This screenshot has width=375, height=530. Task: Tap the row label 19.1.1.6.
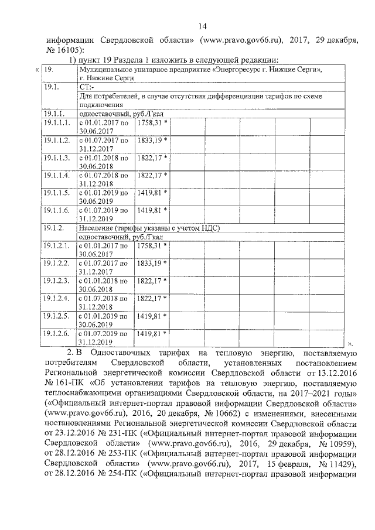tap(57, 209)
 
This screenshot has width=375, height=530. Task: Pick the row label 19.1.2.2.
tap(57, 264)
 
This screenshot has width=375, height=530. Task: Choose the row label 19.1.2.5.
tap(57, 316)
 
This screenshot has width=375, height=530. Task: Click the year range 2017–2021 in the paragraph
tap(305, 393)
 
